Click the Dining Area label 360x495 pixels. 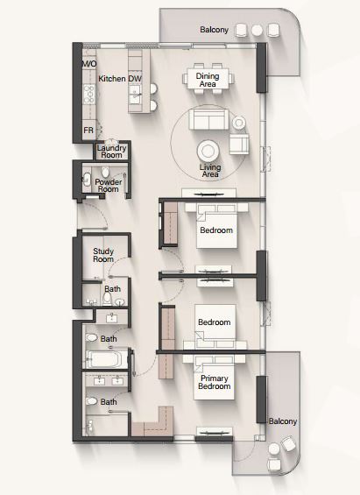click(208, 80)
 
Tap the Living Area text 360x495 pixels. click(210, 171)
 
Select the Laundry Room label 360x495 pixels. click(111, 152)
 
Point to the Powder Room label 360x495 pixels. click(109, 186)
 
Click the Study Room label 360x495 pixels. click(103, 255)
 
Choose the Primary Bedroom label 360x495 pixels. click(215, 382)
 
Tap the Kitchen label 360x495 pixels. click(112, 79)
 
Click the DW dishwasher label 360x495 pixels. click(135, 79)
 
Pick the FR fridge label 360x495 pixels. click(88, 130)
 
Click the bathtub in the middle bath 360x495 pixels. click(107, 359)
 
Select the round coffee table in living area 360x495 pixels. click(208, 152)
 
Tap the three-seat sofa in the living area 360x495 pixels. click(208, 118)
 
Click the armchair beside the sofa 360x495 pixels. click(239, 144)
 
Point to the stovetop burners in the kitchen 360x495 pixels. click(89, 95)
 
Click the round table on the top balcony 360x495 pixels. click(257, 30)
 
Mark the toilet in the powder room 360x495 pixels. click(105, 173)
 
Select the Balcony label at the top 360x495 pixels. click(215, 30)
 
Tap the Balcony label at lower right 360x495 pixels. click(283, 421)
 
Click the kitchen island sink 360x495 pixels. click(135, 95)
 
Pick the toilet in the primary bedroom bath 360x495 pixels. click(91, 401)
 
